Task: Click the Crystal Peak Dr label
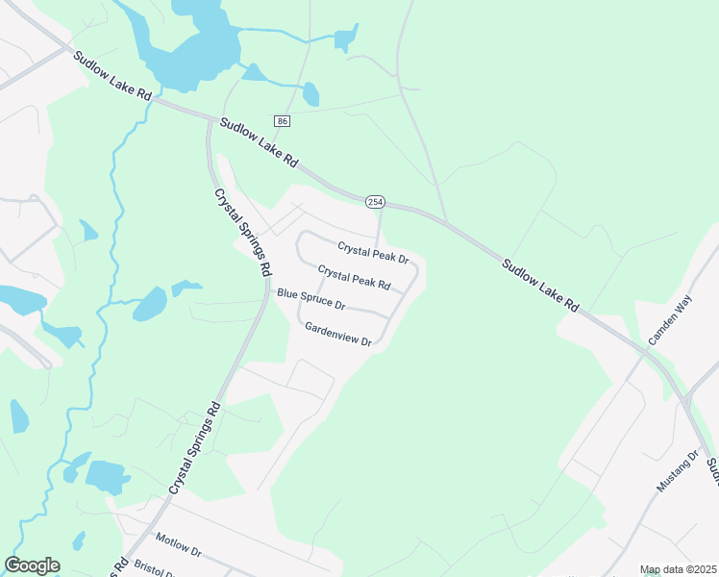pyautogui.click(x=373, y=253)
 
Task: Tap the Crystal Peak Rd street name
pyautogui.click(x=354, y=278)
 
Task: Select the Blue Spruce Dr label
pyautogui.click(x=310, y=299)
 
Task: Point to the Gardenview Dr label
pyautogui.click(x=337, y=334)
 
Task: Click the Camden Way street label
pyautogui.click(x=670, y=321)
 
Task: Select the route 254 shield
pyautogui.click(x=375, y=201)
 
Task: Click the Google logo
pyautogui.click(x=32, y=565)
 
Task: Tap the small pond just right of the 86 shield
pyautogui.click(x=310, y=93)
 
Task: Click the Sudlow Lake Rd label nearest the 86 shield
pyautogui.click(x=259, y=144)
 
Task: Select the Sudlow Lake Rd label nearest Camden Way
pyautogui.click(x=541, y=285)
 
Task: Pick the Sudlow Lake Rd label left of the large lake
pyautogui.click(x=113, y=76)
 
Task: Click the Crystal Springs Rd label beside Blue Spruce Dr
pyautogui.click(x=240, y=234)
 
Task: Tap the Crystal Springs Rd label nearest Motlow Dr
pyautogui.click(x=195, y=448)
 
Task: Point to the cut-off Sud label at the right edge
pyautogui.click(x=711, y=470)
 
